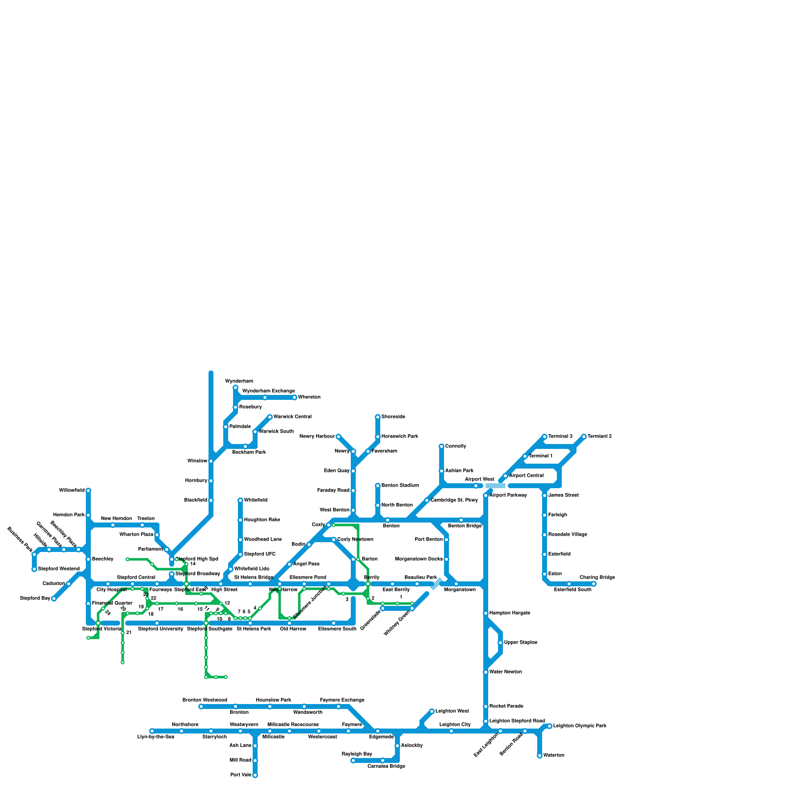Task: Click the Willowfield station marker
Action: [x=88, y=491]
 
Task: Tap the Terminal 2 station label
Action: [x=600, y=437]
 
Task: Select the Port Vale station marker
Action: [x=255, y=775]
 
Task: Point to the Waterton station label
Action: [x=554, y=756]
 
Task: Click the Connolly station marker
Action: [x=442, y=446]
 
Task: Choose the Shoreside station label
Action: [x=393, y=417]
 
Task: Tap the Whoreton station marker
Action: [x=294, y=397]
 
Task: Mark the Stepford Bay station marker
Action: [x=54, y=599]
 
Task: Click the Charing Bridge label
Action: [x=597, y=577]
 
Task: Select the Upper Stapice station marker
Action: [x=500, y=643]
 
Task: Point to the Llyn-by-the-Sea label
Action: [x=156, y=737]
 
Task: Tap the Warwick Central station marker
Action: [x=270, y=417]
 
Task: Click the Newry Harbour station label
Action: [x=317, y=437]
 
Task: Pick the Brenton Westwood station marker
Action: [x=201, y=706]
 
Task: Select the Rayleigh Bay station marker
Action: [x=353, y=760]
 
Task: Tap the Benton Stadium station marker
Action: [x=378, y=486]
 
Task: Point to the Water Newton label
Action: [x=505, y=672]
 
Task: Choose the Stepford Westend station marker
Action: [x=34, y=569]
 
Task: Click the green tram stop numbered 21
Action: [x=123, y=633]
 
